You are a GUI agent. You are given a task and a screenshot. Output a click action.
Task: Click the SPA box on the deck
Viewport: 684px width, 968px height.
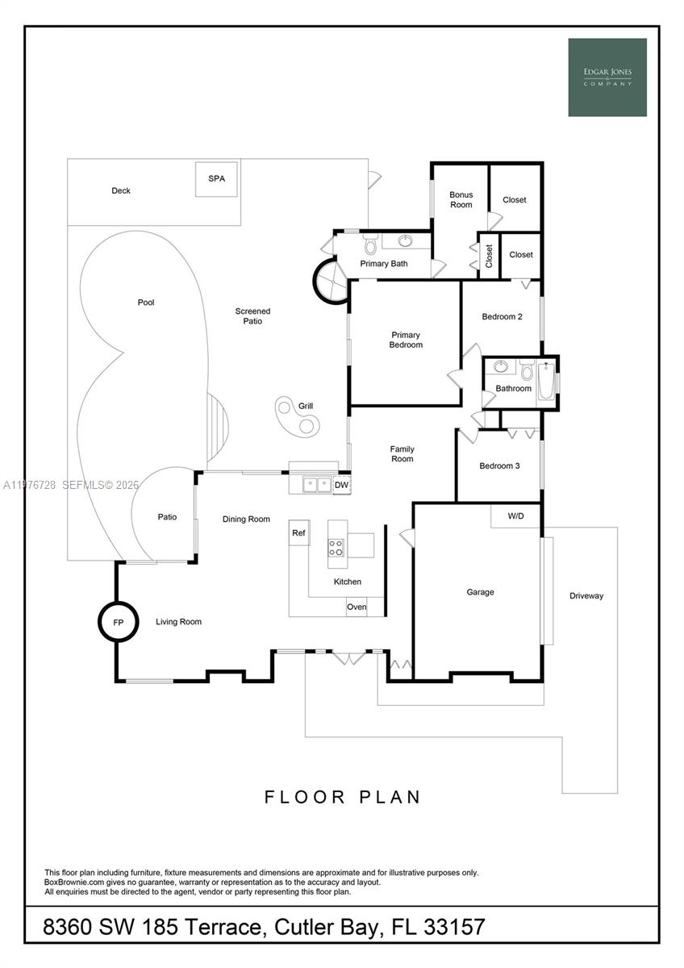216,179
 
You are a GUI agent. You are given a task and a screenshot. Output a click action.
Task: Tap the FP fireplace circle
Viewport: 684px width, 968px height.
118,622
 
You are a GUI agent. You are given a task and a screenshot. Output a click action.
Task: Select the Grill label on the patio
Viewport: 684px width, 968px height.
306,406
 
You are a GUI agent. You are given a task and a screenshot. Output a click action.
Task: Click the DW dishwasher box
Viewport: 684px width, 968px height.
342,485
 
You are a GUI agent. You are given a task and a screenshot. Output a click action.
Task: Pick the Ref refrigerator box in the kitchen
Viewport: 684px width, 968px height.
299,532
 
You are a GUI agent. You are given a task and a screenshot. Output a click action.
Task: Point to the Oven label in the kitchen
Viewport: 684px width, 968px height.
357,607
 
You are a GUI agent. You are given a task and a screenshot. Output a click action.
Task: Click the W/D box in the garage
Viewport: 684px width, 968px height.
515,515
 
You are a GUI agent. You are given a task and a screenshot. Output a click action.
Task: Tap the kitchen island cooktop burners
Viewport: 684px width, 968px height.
336,548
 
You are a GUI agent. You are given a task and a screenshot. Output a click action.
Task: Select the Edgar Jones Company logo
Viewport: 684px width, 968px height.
607,77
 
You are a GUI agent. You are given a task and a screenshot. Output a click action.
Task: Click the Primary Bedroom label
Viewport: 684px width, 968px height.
406,340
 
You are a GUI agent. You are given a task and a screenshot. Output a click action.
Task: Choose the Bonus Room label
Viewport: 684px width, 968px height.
461,199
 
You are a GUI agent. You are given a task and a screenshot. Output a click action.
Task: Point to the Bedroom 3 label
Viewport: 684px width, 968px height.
499,465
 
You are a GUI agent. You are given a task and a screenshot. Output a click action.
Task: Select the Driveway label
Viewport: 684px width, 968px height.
586,596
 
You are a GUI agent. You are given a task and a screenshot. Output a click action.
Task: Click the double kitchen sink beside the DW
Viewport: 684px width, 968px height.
316,484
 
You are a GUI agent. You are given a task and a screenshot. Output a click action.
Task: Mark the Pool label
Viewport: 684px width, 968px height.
146,302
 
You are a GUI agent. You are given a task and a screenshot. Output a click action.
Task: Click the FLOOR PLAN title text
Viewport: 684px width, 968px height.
342,797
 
